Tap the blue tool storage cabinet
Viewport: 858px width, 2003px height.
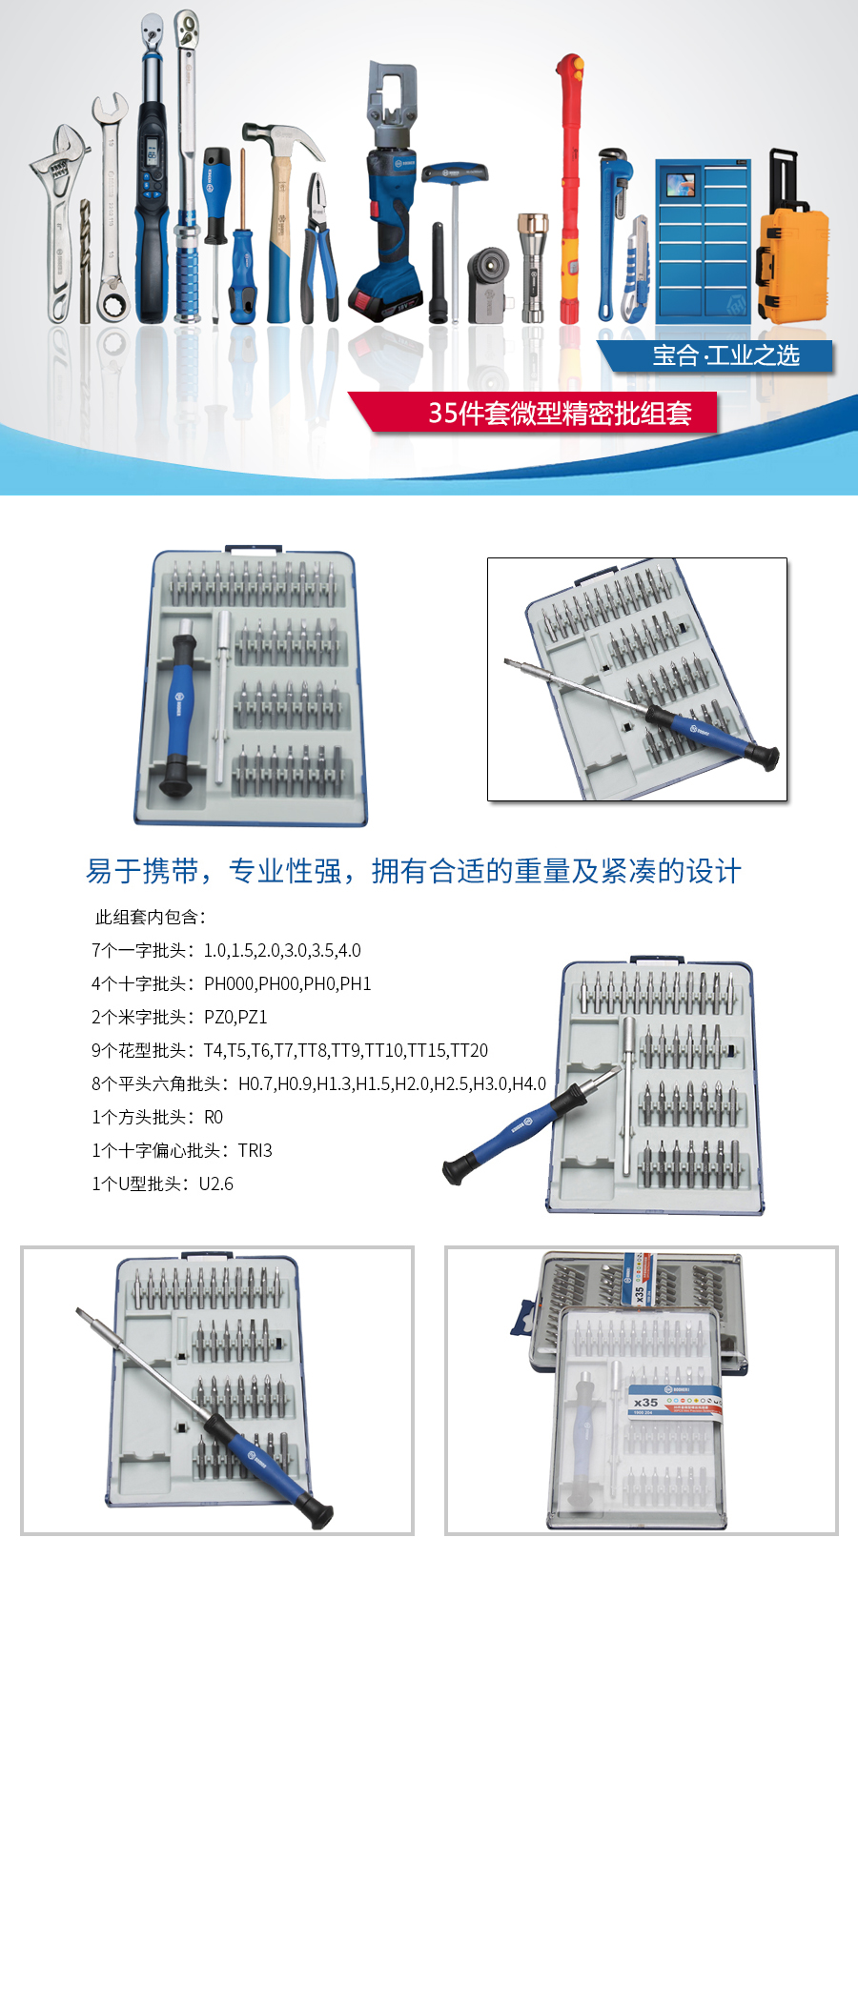click(x=704, y=239)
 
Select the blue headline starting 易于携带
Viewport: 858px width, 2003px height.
click(x=413, y=871)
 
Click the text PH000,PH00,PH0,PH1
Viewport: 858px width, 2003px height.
click(x=287, y=983)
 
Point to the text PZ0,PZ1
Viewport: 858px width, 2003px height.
click(x=235, y=1017)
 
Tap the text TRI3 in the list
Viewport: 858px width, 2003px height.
click(x=255, y=1150)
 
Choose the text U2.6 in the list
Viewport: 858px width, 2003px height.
click(x=215, y=1184)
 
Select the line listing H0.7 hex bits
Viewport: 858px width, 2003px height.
click(x=318, y=1083)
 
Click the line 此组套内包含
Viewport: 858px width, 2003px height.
click(x=151, y=917)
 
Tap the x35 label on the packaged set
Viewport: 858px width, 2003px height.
click(x=645, y=1402)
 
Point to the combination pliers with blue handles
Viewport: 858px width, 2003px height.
click(x=319, y=248)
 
